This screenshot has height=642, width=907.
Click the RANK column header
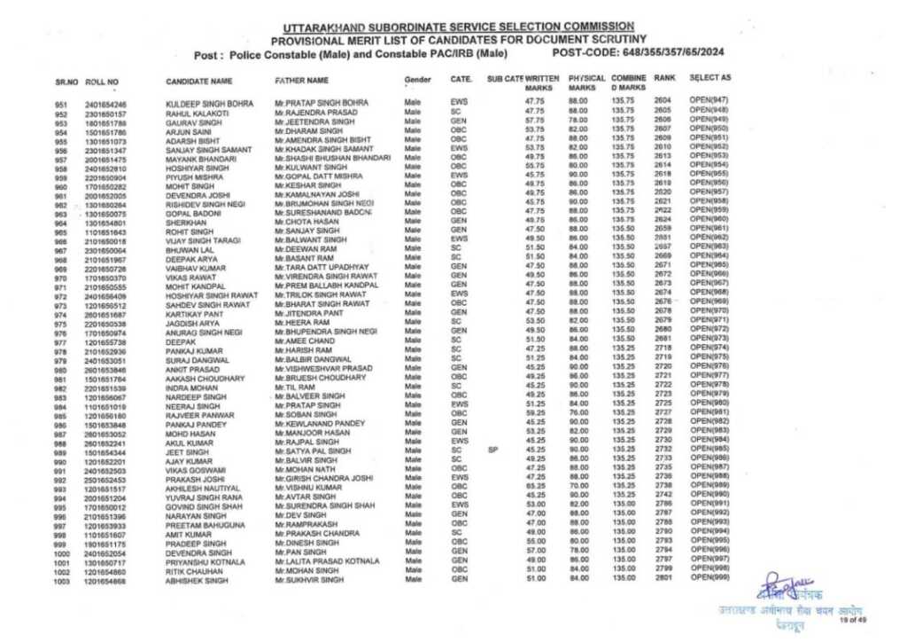pyautogui.click(x=664, y=79)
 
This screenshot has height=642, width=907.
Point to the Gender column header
pyautogui.click(x=417, y=80)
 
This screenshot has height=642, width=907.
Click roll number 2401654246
pyautogui.click(x=105, y=105)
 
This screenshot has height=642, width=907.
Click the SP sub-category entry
pyautogui.click(x=493, y=450)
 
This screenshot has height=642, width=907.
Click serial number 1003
pyautogui.click(x=61, y=581)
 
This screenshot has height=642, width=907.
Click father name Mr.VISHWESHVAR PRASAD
pyautogui.click(x=323, y=367)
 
